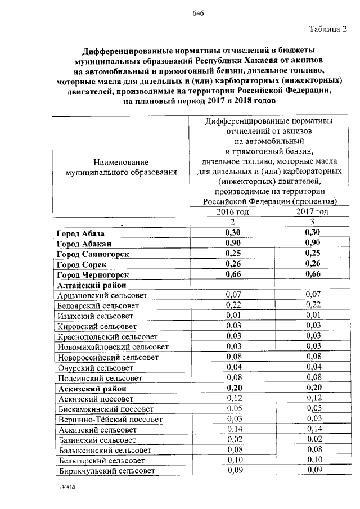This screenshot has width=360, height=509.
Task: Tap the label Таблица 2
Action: [x=328, y=29]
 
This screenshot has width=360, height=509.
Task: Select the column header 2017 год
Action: [x=312, y=211]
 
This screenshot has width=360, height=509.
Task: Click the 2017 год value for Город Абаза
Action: [x=312, y=233]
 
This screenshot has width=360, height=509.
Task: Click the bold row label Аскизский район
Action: [x=91, y=389]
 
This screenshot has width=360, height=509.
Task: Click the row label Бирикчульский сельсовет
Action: [x=106, y=471]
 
